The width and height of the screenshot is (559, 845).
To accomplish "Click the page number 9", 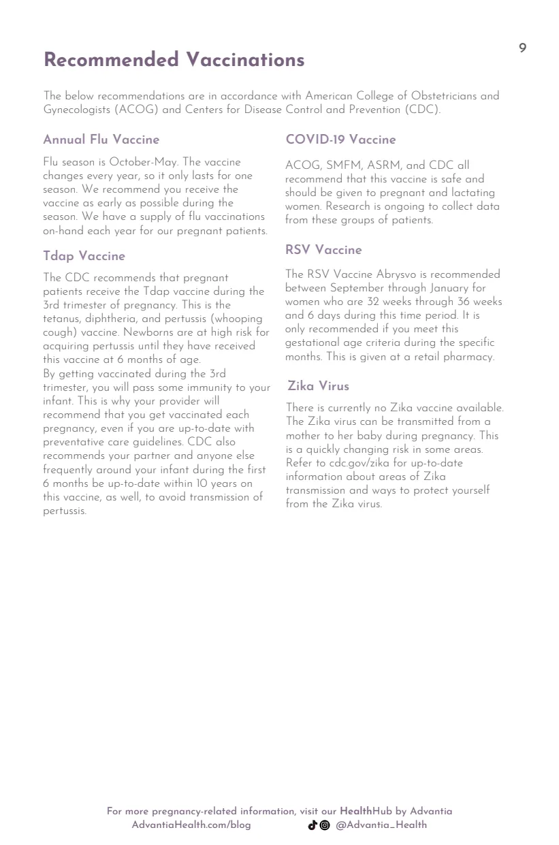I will click(522, 48).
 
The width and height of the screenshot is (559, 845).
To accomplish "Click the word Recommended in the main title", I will click(111, 60).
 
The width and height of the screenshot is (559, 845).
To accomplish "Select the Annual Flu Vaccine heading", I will click(101, 140).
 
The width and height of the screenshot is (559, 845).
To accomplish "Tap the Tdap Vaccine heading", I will click(84, 256).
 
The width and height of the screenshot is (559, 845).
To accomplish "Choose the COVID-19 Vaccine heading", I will click(340, 140).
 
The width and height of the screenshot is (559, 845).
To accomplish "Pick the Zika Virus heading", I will click(318, 386).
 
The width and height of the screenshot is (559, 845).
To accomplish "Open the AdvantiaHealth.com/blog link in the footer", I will click(191, 825).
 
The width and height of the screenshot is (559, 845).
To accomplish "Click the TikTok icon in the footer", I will click(313, 825).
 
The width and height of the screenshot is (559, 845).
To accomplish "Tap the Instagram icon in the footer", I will click(325, 825).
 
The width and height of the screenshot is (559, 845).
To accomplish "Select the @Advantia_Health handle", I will click(381, 825).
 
